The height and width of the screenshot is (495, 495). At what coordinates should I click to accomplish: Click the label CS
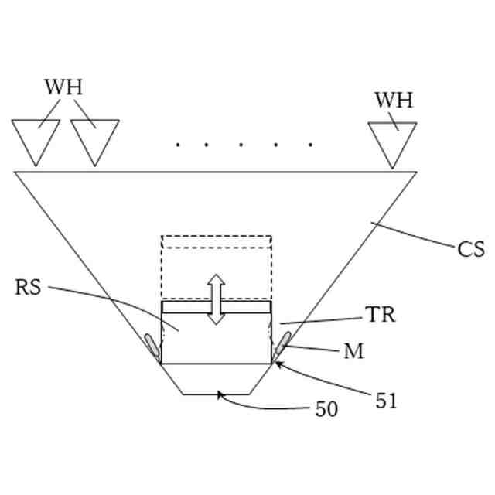471,249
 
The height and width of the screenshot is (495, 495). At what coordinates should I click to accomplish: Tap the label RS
28,288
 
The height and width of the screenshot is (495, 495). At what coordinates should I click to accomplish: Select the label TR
380,315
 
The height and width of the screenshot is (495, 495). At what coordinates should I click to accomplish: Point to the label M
353,352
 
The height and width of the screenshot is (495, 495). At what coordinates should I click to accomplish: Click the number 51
387,401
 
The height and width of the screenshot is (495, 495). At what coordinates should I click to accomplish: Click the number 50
326,409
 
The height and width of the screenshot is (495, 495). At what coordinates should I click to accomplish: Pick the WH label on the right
394,101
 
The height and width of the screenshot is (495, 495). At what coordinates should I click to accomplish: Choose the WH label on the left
63,87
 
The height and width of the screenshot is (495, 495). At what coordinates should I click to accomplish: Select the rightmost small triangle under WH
393,142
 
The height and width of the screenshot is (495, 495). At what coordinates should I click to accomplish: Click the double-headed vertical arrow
217,299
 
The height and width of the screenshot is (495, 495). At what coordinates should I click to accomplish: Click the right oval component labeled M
282,345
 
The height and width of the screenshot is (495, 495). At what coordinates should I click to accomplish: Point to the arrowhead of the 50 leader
220,394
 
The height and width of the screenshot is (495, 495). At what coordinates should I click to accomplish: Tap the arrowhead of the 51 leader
276,363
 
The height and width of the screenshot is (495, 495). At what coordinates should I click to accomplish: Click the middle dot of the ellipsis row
243,144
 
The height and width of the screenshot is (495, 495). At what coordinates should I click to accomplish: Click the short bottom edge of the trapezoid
217,394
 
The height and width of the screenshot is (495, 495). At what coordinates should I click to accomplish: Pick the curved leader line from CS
414,235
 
